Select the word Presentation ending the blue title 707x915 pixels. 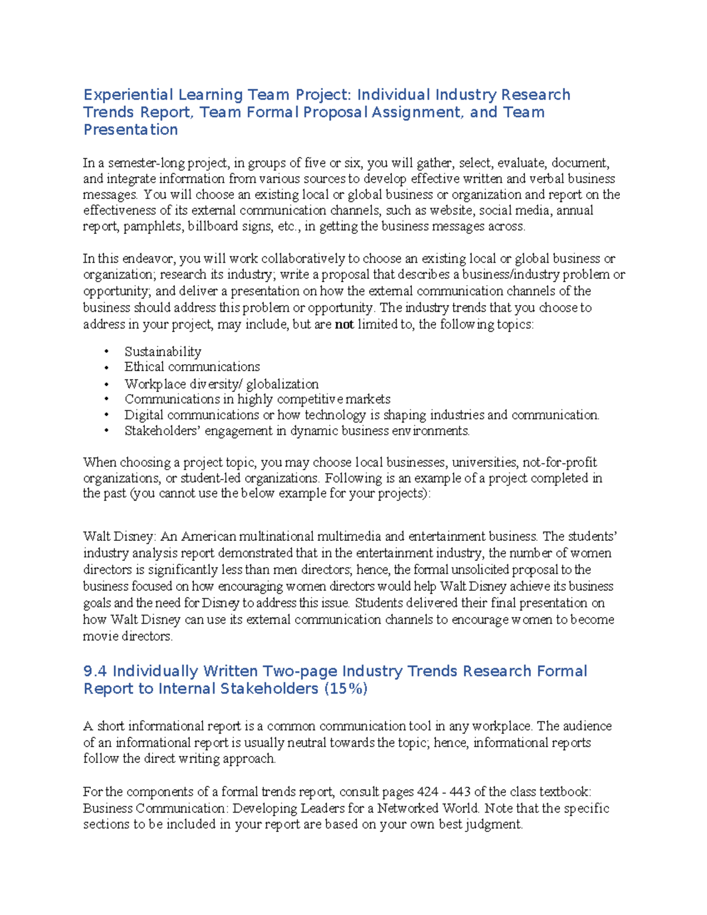130,130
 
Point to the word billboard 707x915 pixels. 214,226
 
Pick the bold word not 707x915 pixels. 344,324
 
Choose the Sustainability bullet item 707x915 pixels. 163,352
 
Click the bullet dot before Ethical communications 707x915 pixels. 107,367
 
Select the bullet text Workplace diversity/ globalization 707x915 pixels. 221,384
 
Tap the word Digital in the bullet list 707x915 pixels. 143,415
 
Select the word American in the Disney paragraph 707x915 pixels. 208,537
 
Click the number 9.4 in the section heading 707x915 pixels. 95,671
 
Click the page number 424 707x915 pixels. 427,791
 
